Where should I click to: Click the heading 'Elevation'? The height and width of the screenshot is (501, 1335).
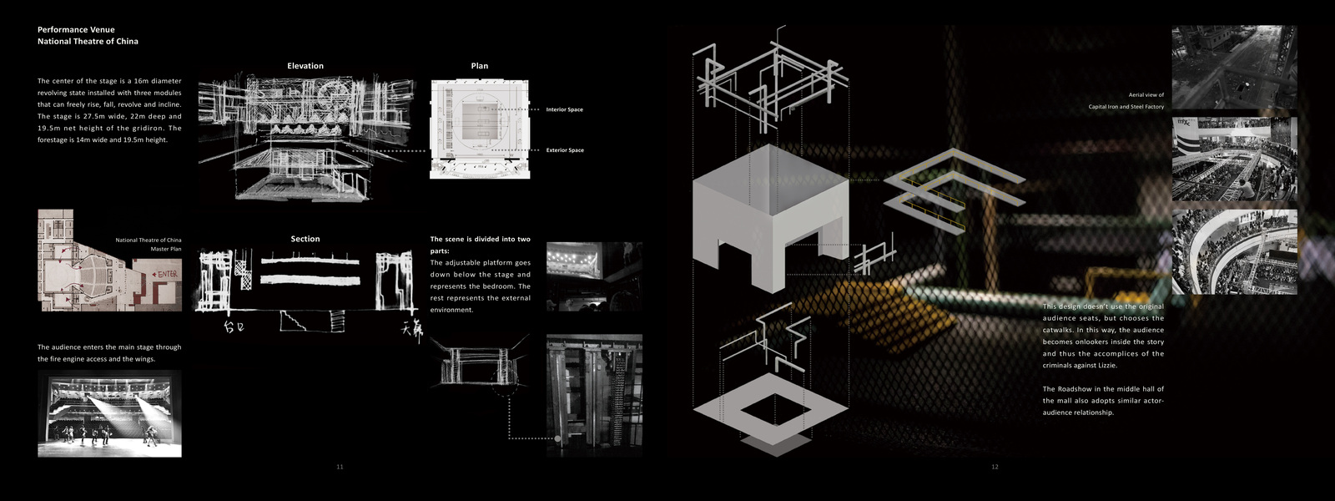[x=305, y=66]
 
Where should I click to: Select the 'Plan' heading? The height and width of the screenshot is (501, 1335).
[x=480, y=66]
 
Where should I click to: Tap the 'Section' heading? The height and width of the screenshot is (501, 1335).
[x=305, y=239]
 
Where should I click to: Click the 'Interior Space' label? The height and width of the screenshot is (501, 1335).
[x=565, y=109]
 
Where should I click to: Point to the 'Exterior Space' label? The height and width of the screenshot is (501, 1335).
[x=565, y=150]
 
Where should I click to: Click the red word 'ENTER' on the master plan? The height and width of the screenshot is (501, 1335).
[x=166, y=274]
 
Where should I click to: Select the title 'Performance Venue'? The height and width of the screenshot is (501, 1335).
[x=76, y=29]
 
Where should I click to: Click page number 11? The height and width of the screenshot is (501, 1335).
[x=340, y=467]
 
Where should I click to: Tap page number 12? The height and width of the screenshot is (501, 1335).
[x=995, y=467]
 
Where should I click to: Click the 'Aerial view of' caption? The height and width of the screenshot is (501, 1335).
[x=1146, y=95]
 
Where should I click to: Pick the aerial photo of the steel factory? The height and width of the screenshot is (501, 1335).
[x=1234, y=67]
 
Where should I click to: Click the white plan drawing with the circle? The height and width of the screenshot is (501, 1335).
[x=480, y=129]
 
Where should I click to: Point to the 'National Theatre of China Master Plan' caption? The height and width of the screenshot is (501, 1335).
[x=149, y=245]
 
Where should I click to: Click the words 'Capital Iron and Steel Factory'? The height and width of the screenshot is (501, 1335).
[x=1126, y=107]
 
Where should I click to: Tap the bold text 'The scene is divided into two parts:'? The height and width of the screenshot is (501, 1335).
[x=480, y=245]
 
